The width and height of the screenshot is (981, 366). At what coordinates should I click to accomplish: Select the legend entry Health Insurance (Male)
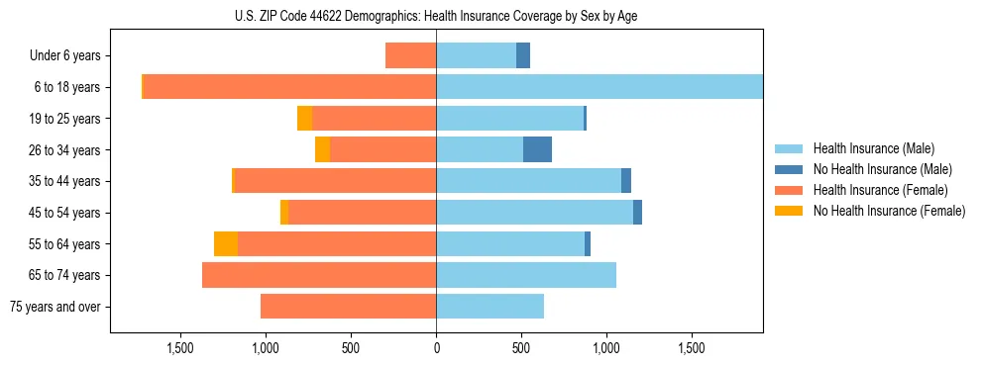click(873, 148)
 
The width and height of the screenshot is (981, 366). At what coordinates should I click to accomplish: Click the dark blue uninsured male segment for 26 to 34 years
click(537, 149)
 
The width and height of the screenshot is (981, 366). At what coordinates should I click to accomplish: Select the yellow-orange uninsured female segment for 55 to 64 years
click(226, 243)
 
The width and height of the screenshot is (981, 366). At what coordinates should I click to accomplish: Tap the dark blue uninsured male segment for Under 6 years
click(523, 55)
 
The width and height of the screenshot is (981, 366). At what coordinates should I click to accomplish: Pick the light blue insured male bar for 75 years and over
click(490, 307)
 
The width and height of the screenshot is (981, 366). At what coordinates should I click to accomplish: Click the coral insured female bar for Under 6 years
click(410, 55)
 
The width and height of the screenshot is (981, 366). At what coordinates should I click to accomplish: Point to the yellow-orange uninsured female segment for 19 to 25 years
click(304, 119)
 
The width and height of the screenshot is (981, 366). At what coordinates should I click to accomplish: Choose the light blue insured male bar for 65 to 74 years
click(526, 275)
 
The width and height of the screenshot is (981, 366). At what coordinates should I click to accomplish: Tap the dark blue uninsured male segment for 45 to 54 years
click(637, 213)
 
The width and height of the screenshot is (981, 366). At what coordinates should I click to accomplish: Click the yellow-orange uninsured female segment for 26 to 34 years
click(322, 149)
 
